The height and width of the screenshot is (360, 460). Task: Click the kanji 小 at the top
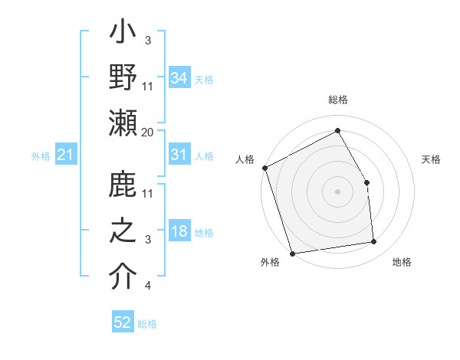click(123, 34)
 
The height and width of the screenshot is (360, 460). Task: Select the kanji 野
click(123, 78)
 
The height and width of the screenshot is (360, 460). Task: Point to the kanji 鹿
click(123, 187)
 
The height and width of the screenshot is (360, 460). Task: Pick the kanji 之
click(123, 231)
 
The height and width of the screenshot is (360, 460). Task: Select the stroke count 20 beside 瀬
click(147, 133)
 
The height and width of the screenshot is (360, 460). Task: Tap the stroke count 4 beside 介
click(147, 286)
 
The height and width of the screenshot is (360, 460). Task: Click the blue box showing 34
click(179, 78)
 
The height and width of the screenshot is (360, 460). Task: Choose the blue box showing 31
click(179, 155)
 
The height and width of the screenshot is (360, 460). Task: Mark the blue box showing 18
click(179, 231)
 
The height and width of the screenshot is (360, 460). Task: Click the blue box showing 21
click(65, 155)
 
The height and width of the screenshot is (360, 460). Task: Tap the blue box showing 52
click(123, 322)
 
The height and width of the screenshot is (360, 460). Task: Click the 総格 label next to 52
click(147, 324)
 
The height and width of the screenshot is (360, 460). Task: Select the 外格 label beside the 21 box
click(41, 156)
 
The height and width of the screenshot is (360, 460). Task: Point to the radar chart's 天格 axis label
click(431, 159)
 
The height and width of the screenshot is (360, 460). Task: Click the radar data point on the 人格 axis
click(264, 168)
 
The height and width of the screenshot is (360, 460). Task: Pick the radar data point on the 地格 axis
click(374, 242)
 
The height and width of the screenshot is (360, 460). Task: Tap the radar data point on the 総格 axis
click(337, 130)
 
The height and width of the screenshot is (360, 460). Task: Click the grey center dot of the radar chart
click(337, 191)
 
